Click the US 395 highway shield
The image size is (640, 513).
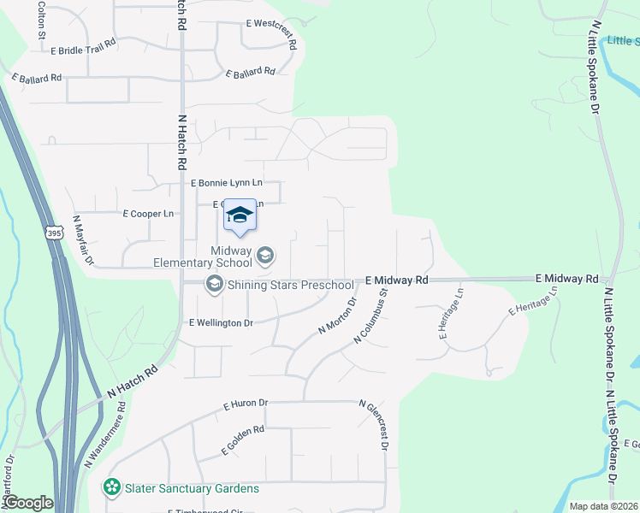pos(54,233)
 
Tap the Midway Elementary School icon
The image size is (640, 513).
pos(265,254)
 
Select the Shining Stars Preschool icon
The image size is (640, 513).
pos(213,285)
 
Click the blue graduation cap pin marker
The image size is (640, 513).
pos(240,215)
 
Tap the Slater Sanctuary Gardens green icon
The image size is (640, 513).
pos(111,488)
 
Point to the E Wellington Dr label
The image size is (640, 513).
pos(221,322)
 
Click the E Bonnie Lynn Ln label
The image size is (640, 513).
pos(226,183)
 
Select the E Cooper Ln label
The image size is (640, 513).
pos(148,213)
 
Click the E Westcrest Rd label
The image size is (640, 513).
pos(271,34)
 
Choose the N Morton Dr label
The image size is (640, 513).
pos(337,315)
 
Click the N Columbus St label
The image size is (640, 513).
pos(371,316)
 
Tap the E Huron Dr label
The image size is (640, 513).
pos(246,404)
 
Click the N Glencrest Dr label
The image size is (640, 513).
pos(375,425)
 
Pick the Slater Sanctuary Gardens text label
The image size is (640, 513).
pos(191,488)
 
